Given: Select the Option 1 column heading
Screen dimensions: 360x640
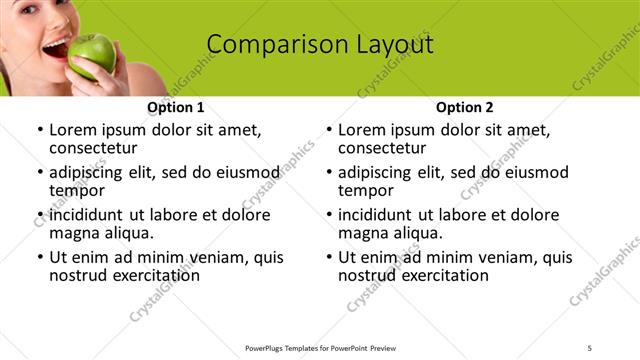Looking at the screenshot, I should click(x=176, y=107).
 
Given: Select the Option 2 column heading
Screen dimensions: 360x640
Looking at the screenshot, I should click(x=465, y=107).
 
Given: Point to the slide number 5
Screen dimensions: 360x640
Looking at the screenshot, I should click(x=590, y=347).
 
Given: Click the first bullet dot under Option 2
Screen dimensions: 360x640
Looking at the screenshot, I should click(x=328, y=130).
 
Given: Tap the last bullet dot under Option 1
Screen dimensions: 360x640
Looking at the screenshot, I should click(x=39, y=257).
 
